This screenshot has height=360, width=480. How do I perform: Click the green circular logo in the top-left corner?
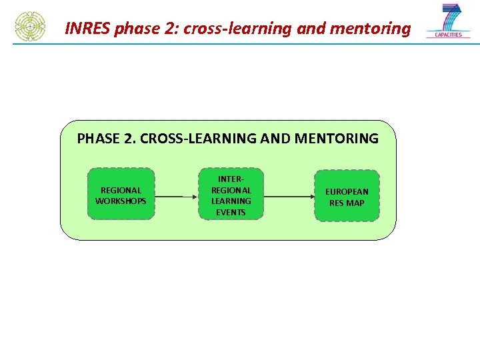coord(30,27)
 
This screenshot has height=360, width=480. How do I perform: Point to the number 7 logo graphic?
coord(451,17)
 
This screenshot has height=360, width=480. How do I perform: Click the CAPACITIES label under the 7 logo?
coord(449,35)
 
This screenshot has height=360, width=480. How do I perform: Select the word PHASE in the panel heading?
coord(98,139)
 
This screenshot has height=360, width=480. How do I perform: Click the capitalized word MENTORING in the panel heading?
coord(336,139)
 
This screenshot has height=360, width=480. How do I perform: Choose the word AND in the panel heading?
coord(277,139)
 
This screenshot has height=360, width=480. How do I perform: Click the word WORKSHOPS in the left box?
coord(121,201)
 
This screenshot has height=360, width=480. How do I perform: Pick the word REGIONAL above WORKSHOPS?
coord(121,190)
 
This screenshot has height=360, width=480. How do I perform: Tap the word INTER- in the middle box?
coord(231,179)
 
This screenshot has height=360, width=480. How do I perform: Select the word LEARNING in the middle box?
coord(231,201)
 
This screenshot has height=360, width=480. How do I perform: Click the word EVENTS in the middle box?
coord(231,212)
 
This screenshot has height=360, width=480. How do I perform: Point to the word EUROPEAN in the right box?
coord(347,191)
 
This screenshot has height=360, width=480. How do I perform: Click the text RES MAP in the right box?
coord(347,203)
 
